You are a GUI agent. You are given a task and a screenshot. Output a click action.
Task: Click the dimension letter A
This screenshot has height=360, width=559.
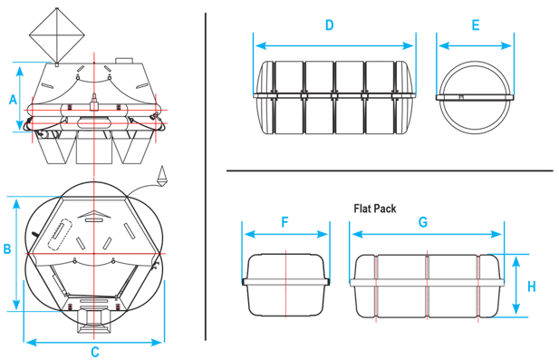coord(12,99)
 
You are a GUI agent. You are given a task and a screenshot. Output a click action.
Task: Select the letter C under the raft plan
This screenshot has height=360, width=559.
coord(94,353)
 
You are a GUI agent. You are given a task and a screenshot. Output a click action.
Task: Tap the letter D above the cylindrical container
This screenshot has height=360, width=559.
coord(329,25)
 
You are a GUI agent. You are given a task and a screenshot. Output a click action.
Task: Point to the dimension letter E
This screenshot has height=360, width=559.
coord(476,25)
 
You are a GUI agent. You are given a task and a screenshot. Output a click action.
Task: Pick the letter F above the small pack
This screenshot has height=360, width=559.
coord(285,221)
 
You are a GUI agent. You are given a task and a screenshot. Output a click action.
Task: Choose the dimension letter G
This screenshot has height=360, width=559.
coord(423,221)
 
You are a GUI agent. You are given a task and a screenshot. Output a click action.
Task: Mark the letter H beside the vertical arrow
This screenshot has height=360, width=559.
coord(532,286)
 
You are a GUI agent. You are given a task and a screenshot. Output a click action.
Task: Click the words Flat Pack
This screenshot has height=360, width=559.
coord(375,209)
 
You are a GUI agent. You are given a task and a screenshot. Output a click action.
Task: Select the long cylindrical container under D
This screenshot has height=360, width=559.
coord(334,96)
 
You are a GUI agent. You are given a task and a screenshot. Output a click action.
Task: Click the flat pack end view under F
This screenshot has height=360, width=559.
coord(285,284)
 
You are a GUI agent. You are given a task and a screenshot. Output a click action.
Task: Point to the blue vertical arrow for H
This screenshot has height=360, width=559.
coord(516,286)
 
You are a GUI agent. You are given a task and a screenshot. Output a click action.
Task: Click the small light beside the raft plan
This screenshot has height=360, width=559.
coord(163,175)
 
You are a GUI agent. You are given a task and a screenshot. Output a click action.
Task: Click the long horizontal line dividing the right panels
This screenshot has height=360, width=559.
coord(390,170)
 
